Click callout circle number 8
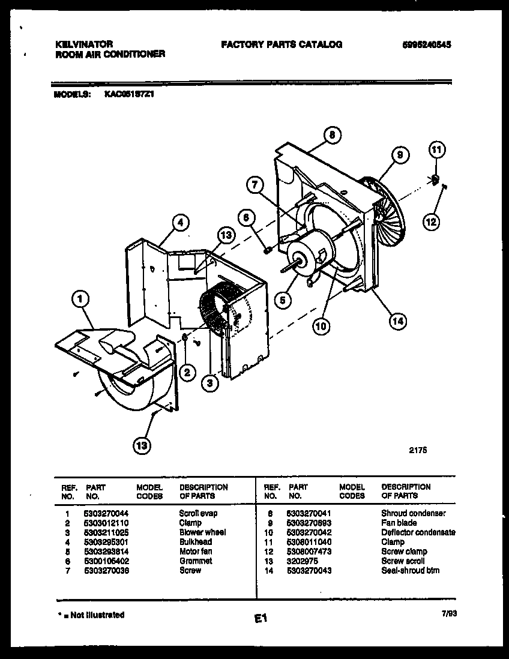pyautogui.click(x=331, y=135)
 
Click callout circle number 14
pyautogui.click(x=397, y=321)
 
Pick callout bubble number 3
pyautogui.click(x=209, y=382)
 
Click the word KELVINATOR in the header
pyautogui.click(x=84, y=44)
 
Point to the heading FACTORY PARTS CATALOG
pyautogui.click(x=282, y=44)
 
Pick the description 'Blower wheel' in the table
pyautogui.click(x=202, y=532)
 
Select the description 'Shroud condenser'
pyautogui.click(x=413, y=513)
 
